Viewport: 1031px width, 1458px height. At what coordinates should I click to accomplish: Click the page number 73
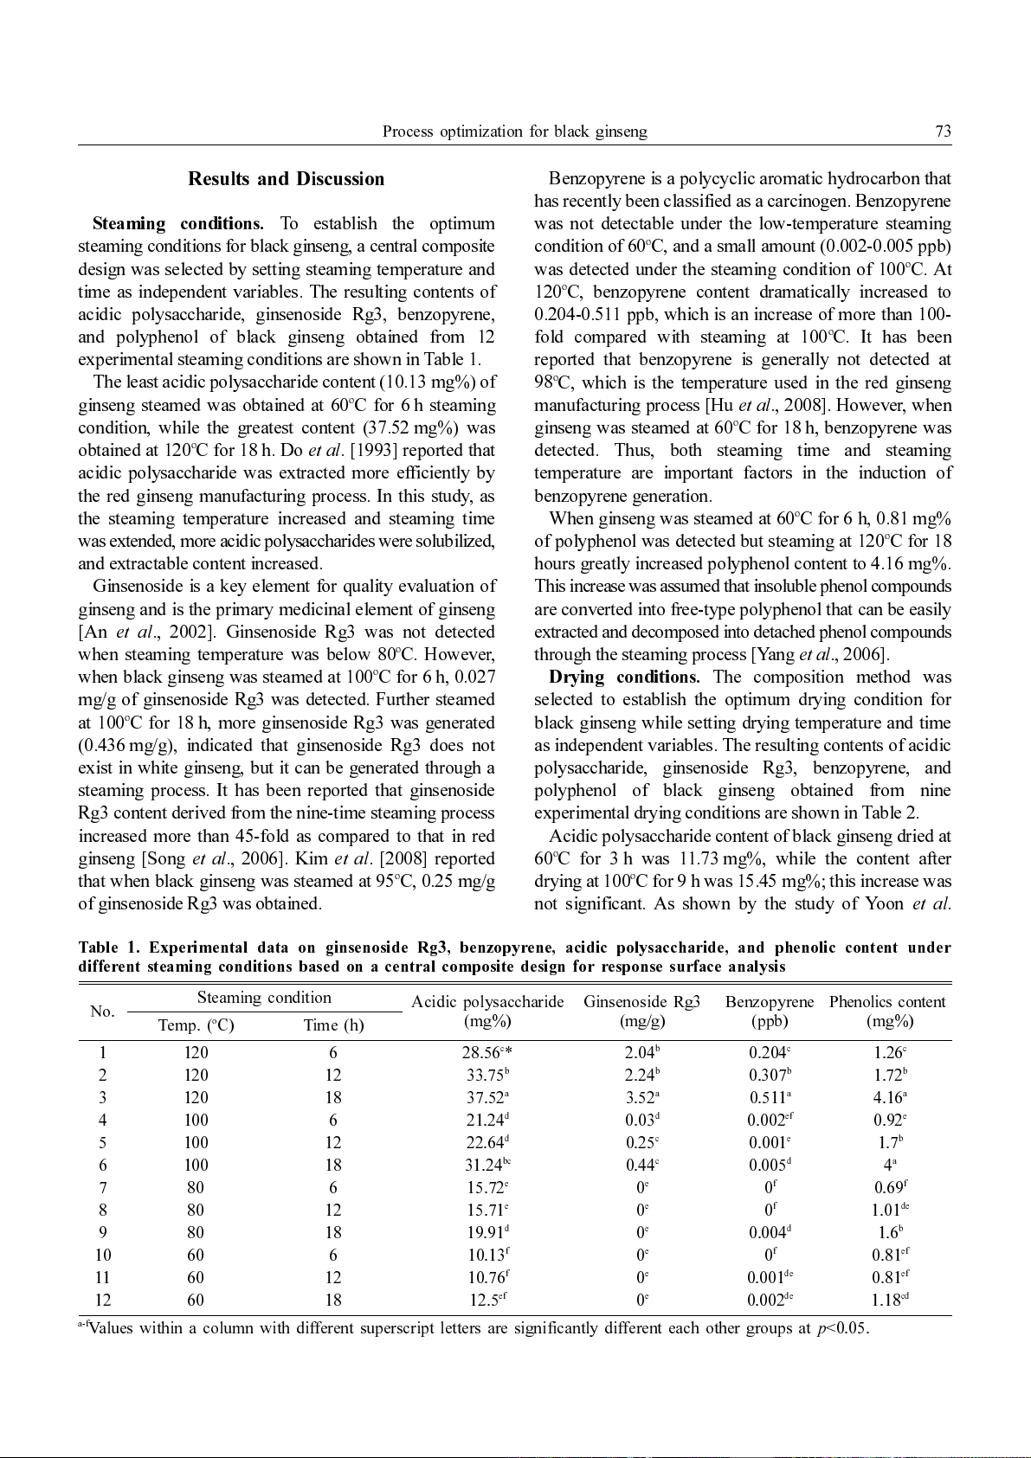[x=943, y=132]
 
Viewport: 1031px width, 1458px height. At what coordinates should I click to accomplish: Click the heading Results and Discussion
[x=287, y=179]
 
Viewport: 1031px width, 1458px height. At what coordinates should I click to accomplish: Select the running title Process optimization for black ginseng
[x=514, y=132]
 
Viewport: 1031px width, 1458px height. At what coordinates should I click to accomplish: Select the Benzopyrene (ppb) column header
[x=769, y=1011]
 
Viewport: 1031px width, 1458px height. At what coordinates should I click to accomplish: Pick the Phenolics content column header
[x=887, y=1011]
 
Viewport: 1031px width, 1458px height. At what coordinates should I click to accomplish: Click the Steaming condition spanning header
[x=264, y=998]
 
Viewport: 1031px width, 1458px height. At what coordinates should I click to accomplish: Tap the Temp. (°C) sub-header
[x=196, y=1025]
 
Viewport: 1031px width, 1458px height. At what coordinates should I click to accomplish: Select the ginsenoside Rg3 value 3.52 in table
[x=641, y=1098]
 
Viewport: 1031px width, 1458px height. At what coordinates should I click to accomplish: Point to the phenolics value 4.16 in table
[x=888, y=1098]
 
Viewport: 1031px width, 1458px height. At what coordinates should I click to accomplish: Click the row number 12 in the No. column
[x=103, y=1301]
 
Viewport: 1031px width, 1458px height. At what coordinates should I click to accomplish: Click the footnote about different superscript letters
[x=474, y=1328]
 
